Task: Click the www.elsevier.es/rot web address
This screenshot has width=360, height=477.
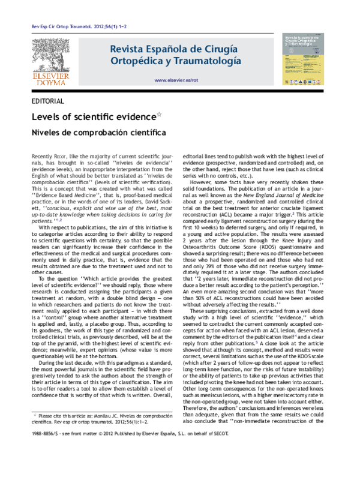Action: coord(176,80)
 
